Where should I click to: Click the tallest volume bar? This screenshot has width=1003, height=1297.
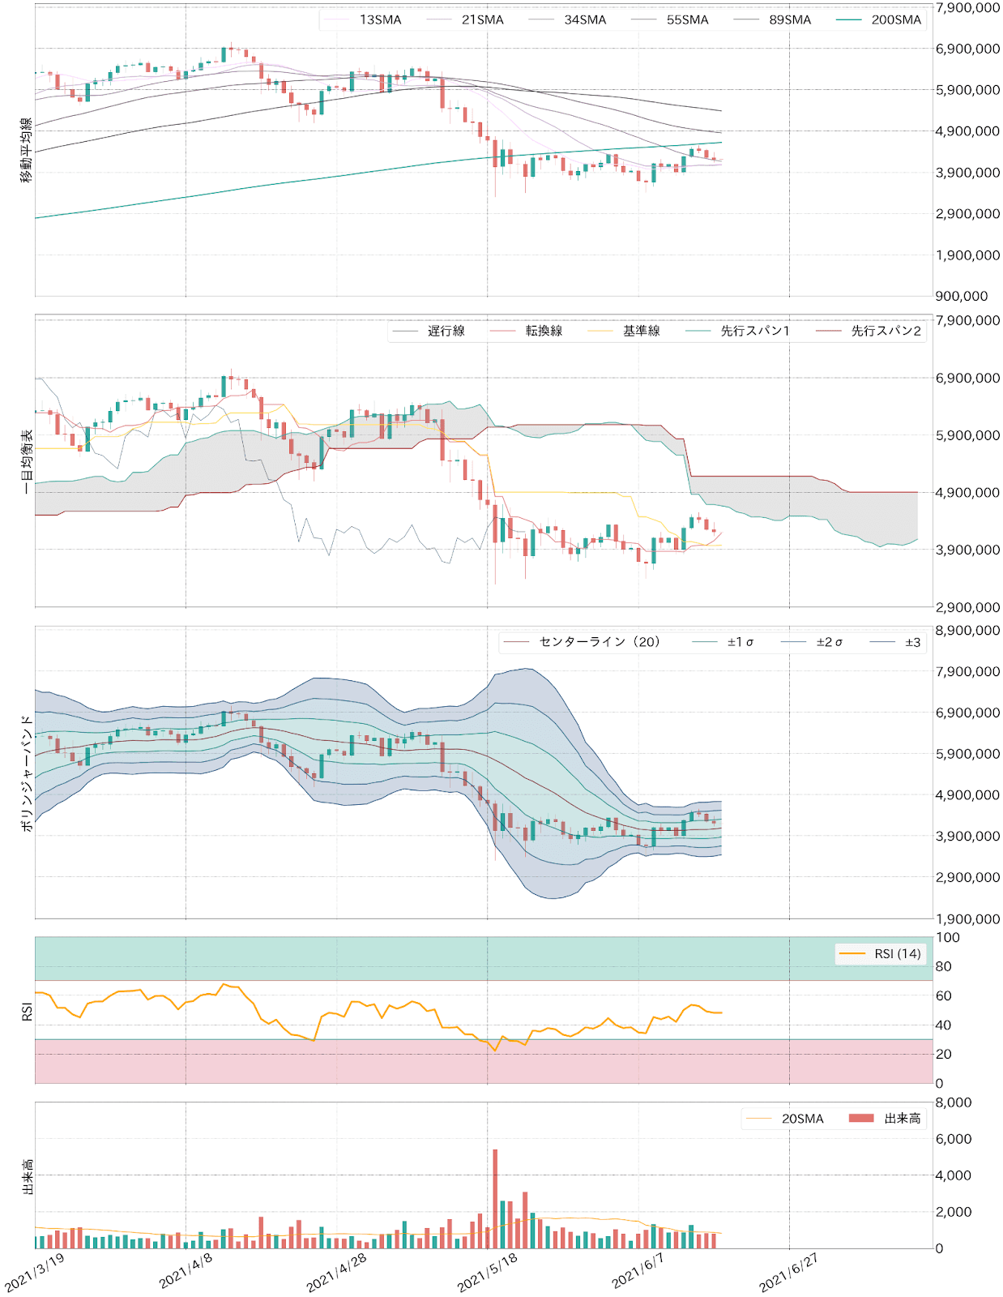(x=495, y=1200)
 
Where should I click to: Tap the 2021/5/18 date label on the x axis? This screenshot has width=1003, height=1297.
(x=488, y=1272)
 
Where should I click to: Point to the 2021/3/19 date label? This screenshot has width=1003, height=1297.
(x=35, y=1272)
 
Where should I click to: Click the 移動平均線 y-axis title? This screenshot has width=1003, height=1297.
(x=27, y=150)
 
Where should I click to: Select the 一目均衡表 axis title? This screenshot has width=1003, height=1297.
(x=27, y=461)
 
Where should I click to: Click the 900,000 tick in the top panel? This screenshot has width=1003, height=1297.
(x=962, y=297)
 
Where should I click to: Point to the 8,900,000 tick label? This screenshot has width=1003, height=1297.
(x=967, y=631)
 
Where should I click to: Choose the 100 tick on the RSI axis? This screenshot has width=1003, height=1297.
(x=947, y=938)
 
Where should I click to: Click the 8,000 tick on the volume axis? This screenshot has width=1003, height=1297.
(x=954, y=1102)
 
